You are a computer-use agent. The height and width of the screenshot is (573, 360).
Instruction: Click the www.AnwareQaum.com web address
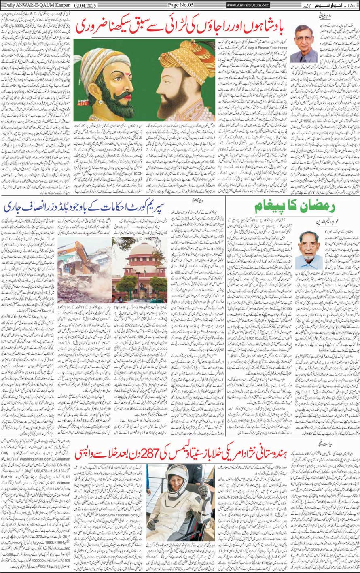point(248,5)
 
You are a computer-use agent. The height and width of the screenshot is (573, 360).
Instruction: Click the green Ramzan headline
point(295,207)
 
